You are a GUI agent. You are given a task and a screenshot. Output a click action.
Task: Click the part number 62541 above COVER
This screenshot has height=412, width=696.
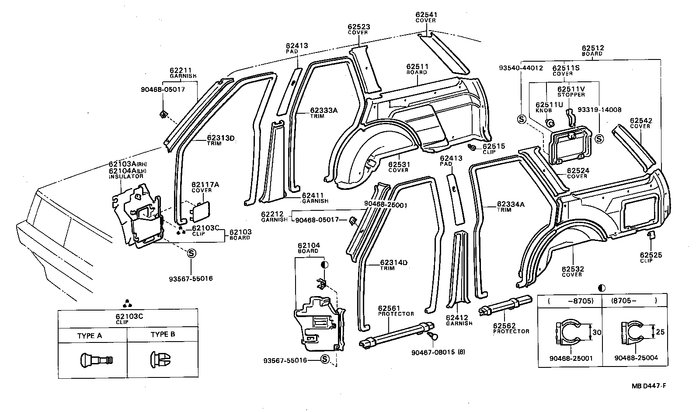click(426, 14)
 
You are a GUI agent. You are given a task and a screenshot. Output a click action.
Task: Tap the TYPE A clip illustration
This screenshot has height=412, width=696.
click(96, 360)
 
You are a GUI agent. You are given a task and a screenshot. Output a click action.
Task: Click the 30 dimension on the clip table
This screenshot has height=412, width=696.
click(597, 332)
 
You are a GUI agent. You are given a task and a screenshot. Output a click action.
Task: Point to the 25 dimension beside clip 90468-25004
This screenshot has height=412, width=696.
click(660, 332)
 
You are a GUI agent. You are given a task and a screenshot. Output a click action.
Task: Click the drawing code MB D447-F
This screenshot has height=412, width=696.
click(648, 386)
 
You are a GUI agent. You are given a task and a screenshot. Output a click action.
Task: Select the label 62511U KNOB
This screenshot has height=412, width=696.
click(549, 107)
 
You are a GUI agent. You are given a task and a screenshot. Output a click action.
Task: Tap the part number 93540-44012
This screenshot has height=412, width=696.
click(521, 68)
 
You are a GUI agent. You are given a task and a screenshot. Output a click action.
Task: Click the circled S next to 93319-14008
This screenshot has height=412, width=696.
click(599, 139)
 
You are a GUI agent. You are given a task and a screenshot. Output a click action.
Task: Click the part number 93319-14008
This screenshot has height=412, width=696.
click(599, 110)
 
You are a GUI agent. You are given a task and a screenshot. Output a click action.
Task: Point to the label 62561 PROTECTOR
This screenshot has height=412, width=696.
click(389, 311)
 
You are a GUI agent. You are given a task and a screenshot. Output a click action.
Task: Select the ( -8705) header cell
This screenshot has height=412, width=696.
click(570, 301)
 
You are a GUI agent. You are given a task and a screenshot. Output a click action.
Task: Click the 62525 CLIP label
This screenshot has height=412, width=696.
click(651, 258)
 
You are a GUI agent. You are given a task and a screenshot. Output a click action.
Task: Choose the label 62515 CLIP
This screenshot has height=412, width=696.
click(493, 149)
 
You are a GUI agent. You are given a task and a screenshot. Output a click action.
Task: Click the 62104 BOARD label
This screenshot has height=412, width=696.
click(309, 248)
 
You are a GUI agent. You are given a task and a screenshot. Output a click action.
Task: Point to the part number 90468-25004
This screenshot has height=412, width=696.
click(636, 358)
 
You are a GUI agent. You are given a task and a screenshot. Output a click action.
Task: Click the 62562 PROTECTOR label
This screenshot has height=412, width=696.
click(511, 328)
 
